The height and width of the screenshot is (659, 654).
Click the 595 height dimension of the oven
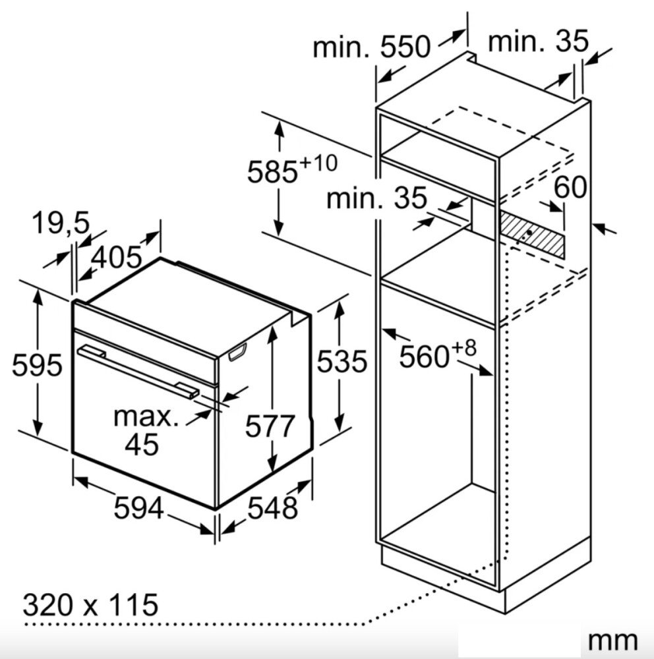(x=37, y=364)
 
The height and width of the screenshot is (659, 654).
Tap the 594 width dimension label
(x=139, y=507)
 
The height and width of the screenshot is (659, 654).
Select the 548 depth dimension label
(x=272, y=507)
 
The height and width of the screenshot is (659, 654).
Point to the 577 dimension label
(x=270, y=426)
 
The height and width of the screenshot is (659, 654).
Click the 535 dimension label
(x=342, y=361)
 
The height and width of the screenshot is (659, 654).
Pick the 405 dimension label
(x=117, y=257)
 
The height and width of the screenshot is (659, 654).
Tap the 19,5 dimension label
(x=61, y=223)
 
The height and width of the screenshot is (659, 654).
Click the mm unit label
(x=612, y=641)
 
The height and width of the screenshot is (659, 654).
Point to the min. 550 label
(x=372, y=47)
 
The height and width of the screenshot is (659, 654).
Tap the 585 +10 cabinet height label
(x=292, y=169)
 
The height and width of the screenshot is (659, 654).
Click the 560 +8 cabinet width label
(x=437, y=355)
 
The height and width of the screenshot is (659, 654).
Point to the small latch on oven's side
(x=237, y=352)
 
